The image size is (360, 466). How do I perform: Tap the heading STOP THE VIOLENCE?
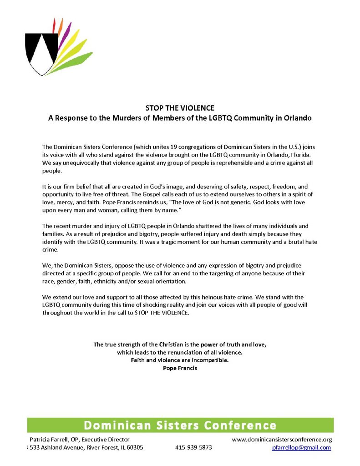[x=180, y=108]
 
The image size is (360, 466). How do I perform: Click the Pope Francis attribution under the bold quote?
[x=180, y=368]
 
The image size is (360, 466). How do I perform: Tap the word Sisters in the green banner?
[x=173, y=425]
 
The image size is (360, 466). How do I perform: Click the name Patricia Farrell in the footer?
[x=49, y=440]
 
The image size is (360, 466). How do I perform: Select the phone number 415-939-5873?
[x=193, y=448]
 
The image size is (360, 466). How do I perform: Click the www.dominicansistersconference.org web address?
[x=282, y=440]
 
